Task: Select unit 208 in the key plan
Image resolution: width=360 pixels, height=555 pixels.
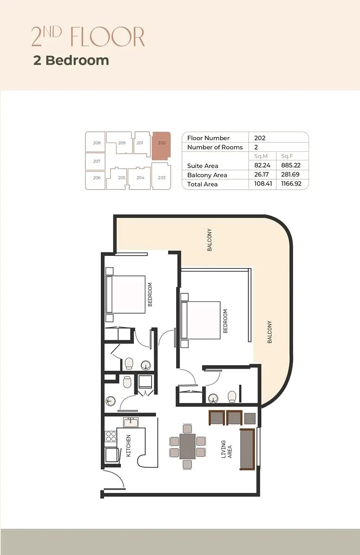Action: [97, 143]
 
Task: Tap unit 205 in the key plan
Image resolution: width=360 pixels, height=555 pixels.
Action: [121, 178]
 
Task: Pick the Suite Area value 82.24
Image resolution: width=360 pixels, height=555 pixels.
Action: [263, 166]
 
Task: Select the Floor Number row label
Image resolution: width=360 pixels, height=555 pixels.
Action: [208, 138]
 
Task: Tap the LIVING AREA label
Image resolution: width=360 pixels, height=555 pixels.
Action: [227, 449]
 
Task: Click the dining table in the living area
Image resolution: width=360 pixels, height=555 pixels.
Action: [188, 446]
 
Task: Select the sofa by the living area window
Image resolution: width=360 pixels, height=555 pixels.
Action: [247, 449]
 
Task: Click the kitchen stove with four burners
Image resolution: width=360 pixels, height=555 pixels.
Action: [111, 436]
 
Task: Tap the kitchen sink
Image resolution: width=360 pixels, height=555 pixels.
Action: [130, 422]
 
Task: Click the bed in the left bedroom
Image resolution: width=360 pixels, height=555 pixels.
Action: [127, 294]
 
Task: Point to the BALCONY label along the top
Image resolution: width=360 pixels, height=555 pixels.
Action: [209, 240]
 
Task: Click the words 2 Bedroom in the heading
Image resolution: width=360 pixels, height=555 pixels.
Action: [71, 60]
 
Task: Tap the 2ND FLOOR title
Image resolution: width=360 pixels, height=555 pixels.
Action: [88, 37]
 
